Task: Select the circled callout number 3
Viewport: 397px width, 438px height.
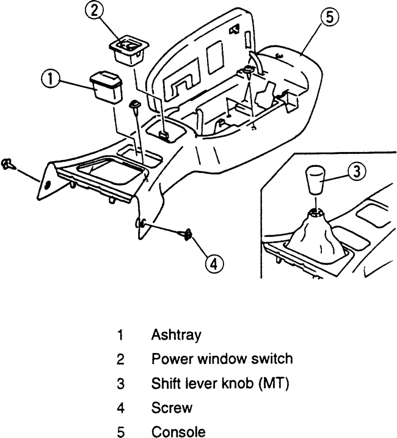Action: [357, 173]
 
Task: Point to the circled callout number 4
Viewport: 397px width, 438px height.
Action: [211, 263]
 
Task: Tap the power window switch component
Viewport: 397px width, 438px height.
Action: [129, 48]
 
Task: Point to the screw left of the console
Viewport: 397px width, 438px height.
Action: [7, 163]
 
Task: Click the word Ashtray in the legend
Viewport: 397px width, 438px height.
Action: [177, 335]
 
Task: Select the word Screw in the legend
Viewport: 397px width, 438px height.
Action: [172, 407]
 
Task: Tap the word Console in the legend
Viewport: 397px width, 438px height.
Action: [178, 432]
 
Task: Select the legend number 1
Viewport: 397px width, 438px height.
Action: [121, 335]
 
